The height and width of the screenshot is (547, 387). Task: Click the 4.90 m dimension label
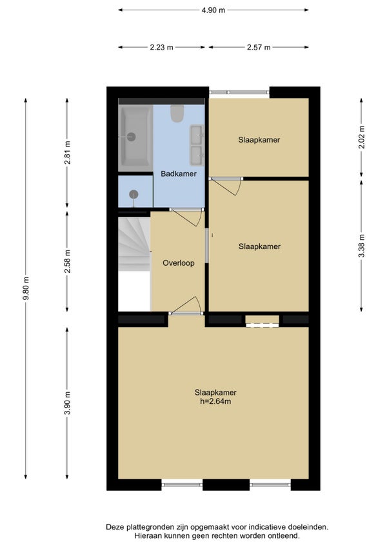[213, 10]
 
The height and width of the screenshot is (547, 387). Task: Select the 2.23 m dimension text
[161, 47]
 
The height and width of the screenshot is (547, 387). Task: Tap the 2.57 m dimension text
[259, 47]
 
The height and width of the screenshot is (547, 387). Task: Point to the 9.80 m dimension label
[26, 288]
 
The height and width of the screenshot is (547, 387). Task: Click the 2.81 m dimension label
[67, 152]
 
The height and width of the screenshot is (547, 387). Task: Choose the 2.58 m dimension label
[67, 261]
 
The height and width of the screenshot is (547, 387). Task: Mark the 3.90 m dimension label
[67, 403]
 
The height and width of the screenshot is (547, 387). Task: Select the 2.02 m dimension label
[362, 137]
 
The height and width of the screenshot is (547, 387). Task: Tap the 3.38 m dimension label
[362, 246]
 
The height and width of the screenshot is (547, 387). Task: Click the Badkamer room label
[178, 174]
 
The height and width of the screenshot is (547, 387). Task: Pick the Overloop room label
[178, 263]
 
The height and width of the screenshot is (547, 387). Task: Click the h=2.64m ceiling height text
[215, 401]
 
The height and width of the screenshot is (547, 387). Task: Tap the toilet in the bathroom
[177, 114]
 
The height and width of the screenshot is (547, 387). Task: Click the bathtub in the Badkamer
[135, 137]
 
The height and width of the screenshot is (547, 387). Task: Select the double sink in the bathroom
[197, 144]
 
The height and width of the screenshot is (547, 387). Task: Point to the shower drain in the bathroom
[134, 194]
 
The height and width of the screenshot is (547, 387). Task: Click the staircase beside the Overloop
[134, 244]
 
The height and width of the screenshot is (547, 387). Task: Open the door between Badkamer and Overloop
[186, 216]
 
